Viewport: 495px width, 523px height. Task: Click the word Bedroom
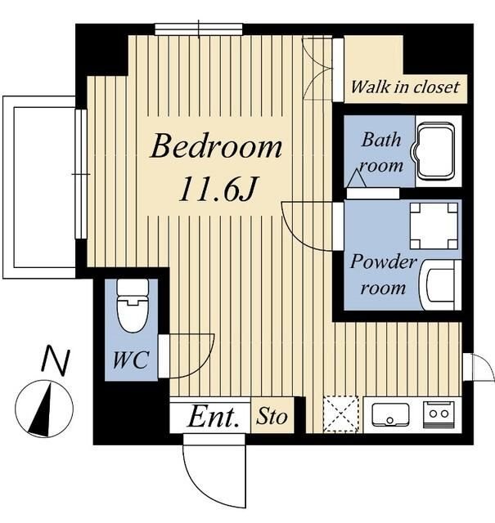coord(217,146)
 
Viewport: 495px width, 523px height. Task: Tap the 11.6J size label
coord(218,189)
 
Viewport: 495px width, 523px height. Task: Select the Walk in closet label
coord(405,87)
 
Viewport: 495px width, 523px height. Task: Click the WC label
coord(131,360)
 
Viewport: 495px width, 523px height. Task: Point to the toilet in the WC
coord(133,306)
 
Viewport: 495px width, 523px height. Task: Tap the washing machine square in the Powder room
coord(434,226)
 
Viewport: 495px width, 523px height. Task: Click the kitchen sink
coord(390,415)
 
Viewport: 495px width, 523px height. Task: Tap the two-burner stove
coord(439,414)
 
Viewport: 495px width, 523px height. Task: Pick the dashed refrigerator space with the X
coord(340,414)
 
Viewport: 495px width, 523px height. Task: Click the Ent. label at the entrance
coord(214,416)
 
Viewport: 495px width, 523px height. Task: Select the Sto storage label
coord(272,416)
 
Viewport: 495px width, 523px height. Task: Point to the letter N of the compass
coord(56,360)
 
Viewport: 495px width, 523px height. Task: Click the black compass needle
coord(42,411)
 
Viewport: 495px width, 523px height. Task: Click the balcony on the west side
coord(39,187)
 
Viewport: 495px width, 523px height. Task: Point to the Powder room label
coord(384,275)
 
